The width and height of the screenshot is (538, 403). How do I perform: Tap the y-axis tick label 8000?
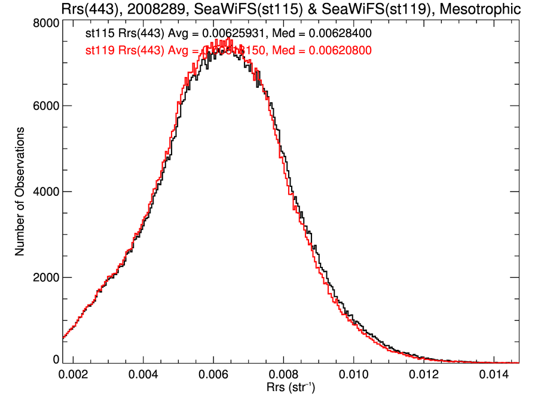pyautogui.click(x=45, y=23)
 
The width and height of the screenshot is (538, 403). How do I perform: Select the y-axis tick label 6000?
pyautogui.click(x=45, y=106)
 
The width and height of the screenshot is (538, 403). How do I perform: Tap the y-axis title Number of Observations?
pyautogui.click(x=20, y=191)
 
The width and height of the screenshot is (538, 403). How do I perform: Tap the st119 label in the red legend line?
pyautogui.click(x=99, y=51)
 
